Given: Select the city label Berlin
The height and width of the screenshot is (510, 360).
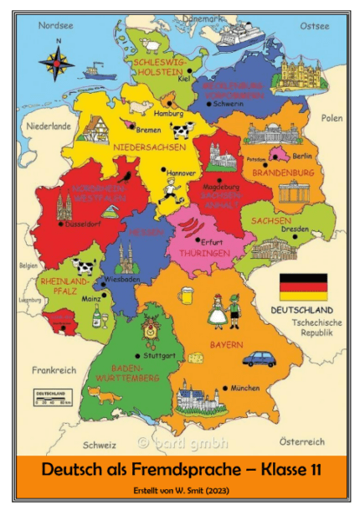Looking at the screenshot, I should tap(302, 156).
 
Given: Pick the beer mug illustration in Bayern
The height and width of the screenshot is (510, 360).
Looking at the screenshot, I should tap(188, 295).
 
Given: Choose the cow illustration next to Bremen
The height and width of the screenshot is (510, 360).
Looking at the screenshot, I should tap(183, 131).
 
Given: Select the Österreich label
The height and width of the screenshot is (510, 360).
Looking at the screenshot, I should tap(301, 440).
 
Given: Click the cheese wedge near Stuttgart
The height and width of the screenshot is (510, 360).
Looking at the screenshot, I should tap(196, 358).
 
